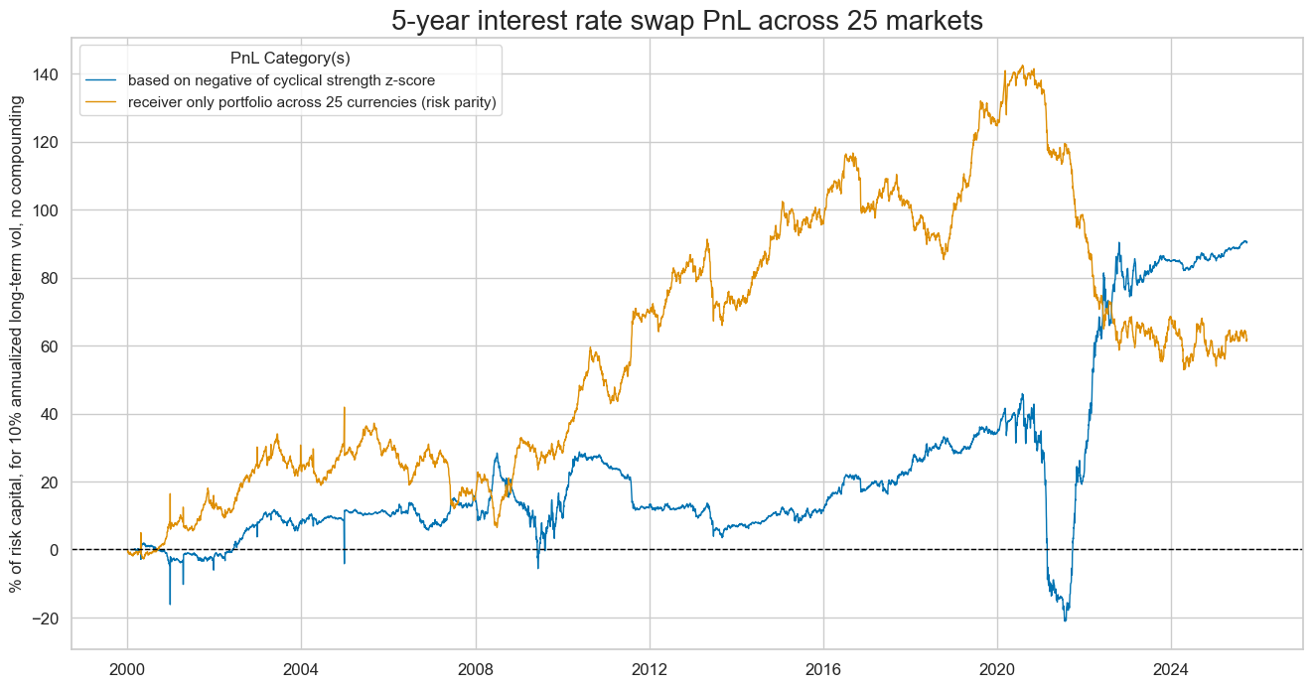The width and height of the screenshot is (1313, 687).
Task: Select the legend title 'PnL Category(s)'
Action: coord(289,58)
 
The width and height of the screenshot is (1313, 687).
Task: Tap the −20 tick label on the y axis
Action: coord(45,618)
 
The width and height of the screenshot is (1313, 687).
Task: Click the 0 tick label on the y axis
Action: coord(55,550)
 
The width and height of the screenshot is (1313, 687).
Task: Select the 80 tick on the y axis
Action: coord(50,278)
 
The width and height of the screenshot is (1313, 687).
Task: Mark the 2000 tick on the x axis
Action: coord(127,667)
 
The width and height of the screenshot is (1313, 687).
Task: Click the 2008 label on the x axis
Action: coord(476,667)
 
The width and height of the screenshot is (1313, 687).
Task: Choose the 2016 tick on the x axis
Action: coord(823,667)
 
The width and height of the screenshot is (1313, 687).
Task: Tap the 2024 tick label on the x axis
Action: coord(1171,667)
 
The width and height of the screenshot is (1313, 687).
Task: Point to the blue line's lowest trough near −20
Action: coord(1066,620)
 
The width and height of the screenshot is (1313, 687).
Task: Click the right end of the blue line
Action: coord(1247,241)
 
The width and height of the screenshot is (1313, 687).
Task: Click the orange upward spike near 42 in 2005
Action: coord(345,407)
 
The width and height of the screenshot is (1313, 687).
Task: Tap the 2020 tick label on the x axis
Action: coord(997,667)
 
